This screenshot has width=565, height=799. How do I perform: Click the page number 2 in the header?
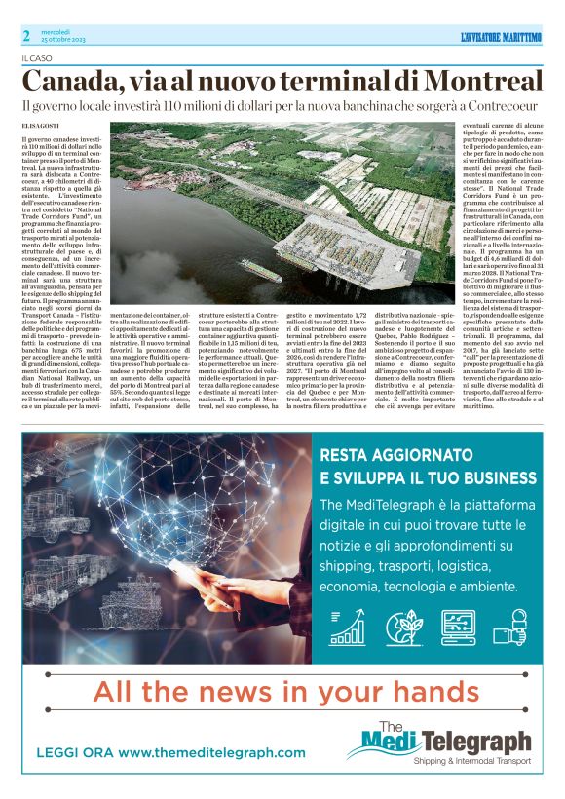pyautogui.click(x=27, y=35)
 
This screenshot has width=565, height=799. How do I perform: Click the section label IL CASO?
pyautogui.click(x=39, y=58)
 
